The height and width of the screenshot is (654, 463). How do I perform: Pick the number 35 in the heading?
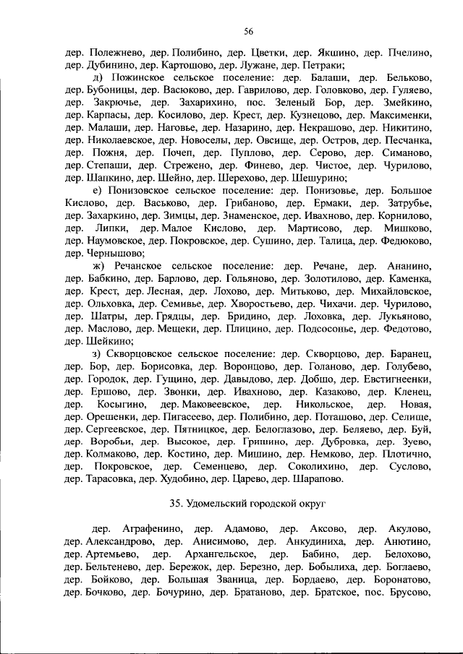[x=174, y=502]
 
